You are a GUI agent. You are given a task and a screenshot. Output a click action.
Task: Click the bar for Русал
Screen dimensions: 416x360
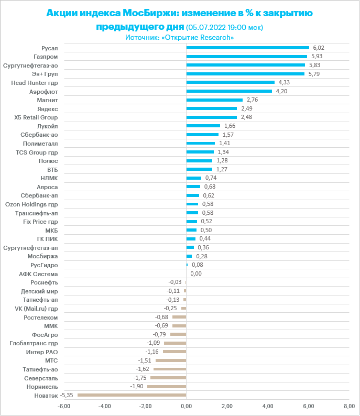(x=247, y=48)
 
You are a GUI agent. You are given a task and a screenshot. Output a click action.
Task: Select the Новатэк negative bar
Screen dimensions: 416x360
(x=132, y=395)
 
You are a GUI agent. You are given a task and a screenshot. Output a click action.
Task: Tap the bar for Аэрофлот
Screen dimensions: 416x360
(x=229, y=91)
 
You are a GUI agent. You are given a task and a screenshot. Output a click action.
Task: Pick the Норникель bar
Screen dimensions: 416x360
(x=167, y=387)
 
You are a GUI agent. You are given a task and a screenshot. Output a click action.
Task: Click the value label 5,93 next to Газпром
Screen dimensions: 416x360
(x=318, y=57)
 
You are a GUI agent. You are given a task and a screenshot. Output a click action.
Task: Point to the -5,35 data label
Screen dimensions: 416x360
(x=67, y=395)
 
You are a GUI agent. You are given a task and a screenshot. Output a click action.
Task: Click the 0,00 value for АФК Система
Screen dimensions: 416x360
(x=196, y=273)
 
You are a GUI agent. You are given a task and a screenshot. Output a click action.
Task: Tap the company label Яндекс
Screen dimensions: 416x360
(x=48, y=108)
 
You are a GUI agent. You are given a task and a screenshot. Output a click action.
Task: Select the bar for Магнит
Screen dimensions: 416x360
(x=214, y=100)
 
